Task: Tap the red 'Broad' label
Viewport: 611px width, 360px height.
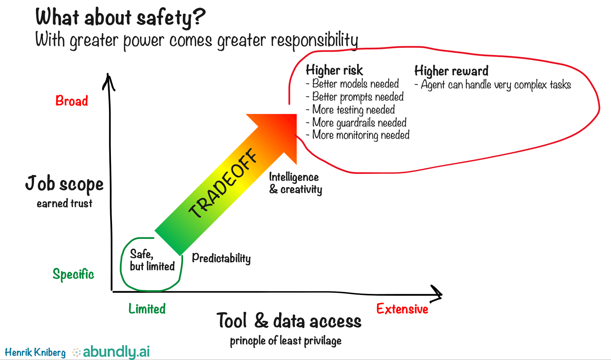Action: coord(72,101)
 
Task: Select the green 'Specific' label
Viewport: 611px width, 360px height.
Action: coord(73,274)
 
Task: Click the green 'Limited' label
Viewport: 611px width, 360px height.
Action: coord(147,309)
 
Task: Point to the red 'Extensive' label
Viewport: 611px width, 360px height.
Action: coord(402,309)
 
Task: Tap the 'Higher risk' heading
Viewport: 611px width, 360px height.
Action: coord(335,70)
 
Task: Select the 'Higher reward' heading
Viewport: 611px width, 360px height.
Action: coord(452,71)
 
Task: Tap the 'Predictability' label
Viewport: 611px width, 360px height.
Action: coord(221,258)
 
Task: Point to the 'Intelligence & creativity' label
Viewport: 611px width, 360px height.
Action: coord(296,183)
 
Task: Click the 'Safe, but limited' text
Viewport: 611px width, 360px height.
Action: coord(152,260)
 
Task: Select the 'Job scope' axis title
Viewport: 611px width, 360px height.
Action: coord(64,183)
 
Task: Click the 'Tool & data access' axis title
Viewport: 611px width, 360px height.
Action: coord(289,321)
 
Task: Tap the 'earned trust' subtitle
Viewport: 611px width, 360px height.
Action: coord(65,203)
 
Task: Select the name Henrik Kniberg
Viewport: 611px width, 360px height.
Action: coord(35,352)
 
